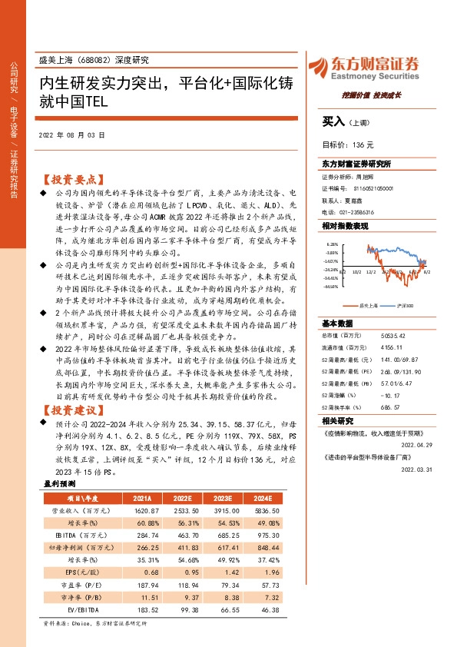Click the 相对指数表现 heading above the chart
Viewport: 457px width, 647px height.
click(x=345, y=226)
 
